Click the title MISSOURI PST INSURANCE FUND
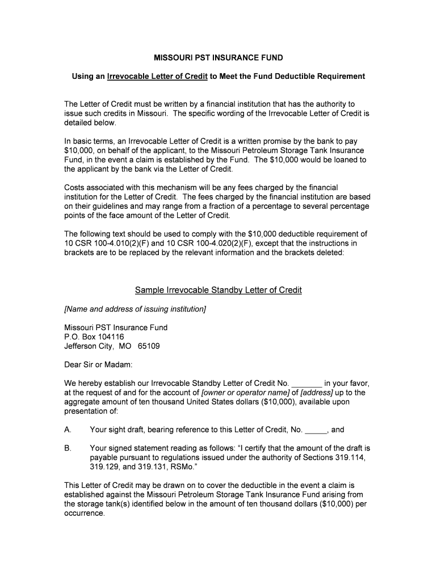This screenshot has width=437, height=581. pos(218,58)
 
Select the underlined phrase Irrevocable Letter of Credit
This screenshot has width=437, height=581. pos(157,76)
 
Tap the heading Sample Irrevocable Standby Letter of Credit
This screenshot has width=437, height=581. pos(218,290)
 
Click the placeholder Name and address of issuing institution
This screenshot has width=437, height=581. pos(135,309)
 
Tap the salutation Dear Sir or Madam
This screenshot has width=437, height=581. pos(98,364)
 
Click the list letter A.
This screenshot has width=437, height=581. pos(68,430)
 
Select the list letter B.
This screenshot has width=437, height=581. pos(68,448)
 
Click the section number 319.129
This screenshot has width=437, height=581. pos(104,466)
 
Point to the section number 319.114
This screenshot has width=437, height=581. pos(349,457)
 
